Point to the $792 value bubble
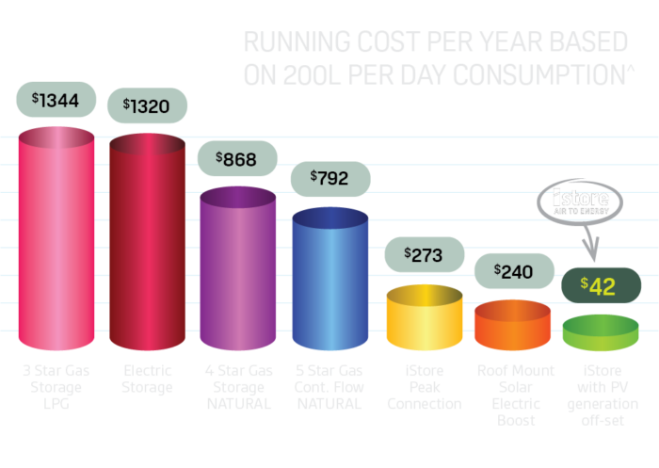(330, 177)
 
